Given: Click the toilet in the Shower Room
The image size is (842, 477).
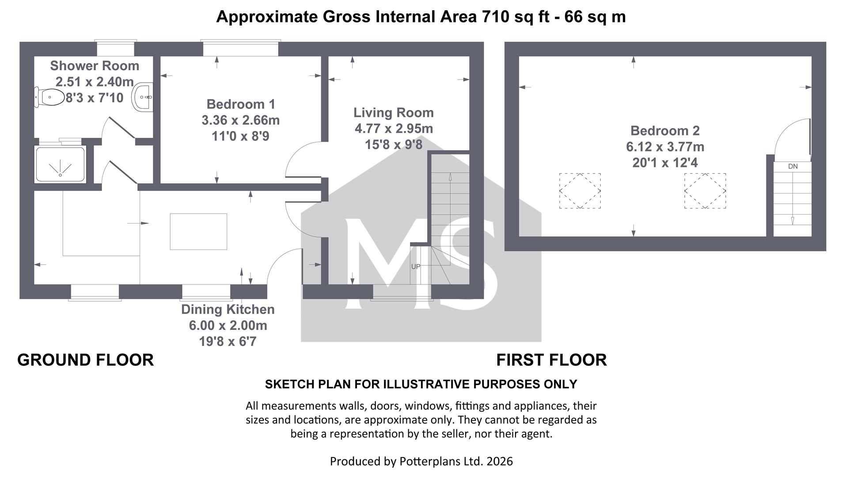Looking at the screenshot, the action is pos(49,97).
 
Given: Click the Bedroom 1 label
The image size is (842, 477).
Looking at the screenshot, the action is pos(241,104).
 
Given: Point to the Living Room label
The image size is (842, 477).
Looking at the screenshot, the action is pos(394,113).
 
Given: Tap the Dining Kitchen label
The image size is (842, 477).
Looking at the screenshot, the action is pos(228,309).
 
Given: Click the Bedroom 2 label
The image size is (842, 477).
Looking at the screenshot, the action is pos(665,131).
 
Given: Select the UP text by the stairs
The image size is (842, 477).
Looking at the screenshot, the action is pos(416,267).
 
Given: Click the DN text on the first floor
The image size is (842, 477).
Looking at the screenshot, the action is pos(793,167).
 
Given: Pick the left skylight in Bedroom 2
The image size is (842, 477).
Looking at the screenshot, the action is pos(580,191).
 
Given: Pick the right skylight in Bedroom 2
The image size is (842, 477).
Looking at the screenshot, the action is pos(705,191).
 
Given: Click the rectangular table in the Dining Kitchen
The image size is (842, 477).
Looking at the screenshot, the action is pos(198,231).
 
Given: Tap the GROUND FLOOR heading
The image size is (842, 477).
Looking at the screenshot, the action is pos(86,360).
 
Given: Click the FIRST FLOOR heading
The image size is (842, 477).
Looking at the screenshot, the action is pos(551,360).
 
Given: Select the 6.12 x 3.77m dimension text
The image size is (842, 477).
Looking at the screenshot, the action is pos(665,147).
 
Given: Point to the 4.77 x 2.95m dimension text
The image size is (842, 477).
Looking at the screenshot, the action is pos(394,129).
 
